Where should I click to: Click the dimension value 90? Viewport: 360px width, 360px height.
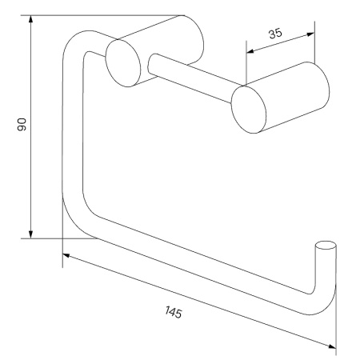tap(22, 125)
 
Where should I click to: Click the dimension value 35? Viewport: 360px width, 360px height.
tap(275, 34)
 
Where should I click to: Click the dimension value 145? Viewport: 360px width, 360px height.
tap(174, 312)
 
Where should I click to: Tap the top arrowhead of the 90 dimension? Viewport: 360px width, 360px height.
tap(31, 20)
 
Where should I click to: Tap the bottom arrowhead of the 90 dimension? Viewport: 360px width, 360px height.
tap(31, 234)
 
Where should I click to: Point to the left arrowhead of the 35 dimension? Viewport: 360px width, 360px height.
tap(250, 51)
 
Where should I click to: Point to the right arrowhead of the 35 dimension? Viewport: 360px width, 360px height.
tap(310, 34)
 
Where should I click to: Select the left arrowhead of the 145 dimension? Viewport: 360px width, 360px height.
tap(66, 255)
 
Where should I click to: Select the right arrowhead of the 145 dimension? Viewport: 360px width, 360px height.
tap(332, 346)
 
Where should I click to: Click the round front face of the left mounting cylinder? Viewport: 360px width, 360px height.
tap(123, 63)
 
